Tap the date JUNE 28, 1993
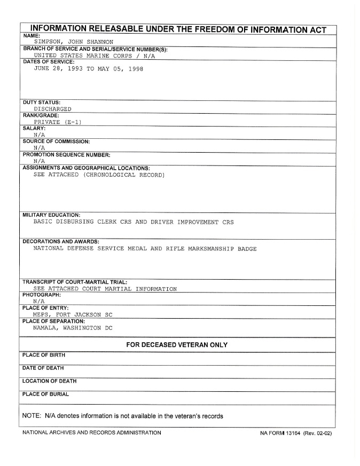56,69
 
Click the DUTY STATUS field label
42,101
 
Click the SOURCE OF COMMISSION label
56,141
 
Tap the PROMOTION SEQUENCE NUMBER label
66,155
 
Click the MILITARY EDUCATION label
51,215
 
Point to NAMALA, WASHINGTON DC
73,328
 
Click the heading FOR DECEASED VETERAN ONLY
177,345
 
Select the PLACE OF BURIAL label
46,394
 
